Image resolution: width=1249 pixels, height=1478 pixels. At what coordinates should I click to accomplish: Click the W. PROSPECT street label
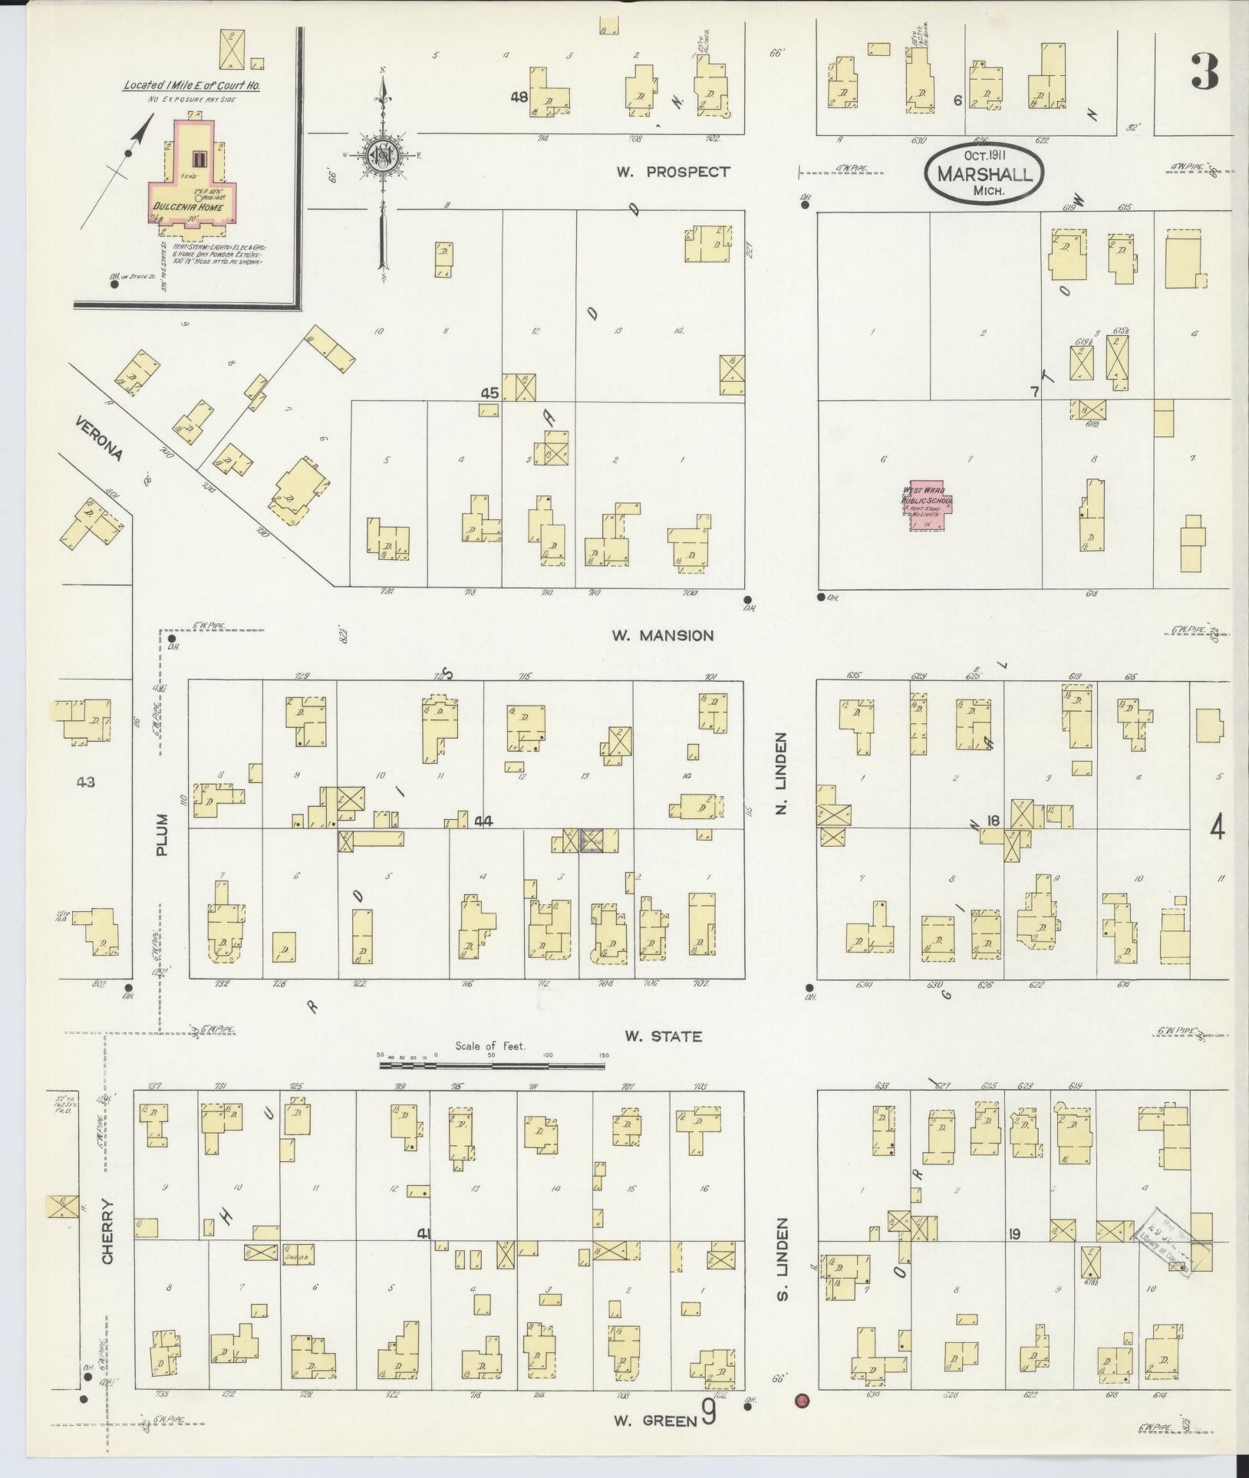[x=673, y=172]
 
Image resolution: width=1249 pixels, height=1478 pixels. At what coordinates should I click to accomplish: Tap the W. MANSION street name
[x=663, y=635]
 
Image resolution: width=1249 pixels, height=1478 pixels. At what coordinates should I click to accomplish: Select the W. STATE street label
[x=663, y=1036]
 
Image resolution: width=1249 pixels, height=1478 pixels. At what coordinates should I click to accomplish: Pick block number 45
[x=489, y=393]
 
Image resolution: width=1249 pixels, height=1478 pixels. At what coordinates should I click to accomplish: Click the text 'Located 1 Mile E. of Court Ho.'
[x=192, y=86]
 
